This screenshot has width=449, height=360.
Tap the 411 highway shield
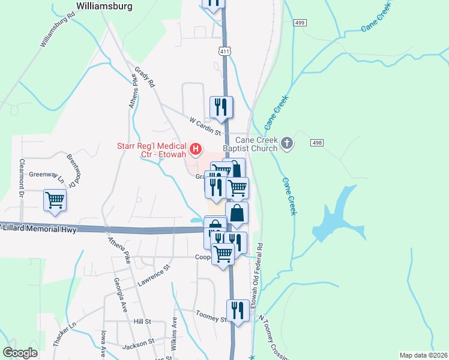point(225,52)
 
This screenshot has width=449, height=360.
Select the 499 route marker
point(300,22)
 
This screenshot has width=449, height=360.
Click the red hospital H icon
point(195,148)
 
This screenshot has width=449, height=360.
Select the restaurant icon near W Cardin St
point(221,106)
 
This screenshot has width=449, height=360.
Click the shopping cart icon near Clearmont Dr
point(55,199)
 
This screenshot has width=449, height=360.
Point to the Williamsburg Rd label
point(57,30)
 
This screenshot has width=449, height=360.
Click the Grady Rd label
point(145,77)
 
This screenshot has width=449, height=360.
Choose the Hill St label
point(142,322)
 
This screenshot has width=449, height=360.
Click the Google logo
point(20,353)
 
